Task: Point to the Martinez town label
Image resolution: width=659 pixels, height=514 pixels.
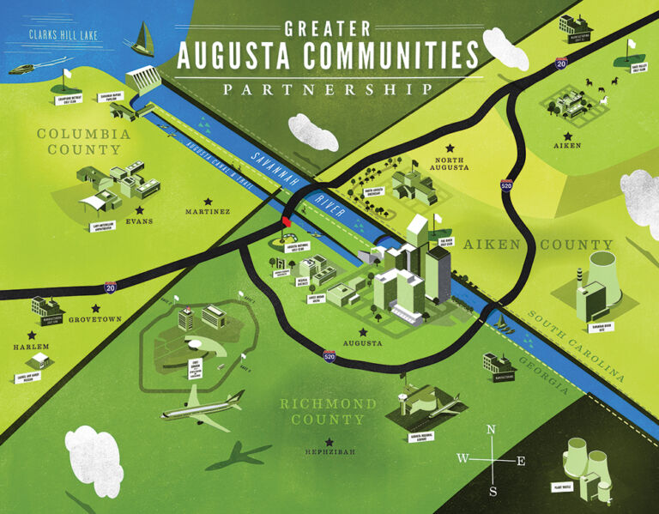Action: point(209,211)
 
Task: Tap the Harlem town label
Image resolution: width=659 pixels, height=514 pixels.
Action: point(31,347)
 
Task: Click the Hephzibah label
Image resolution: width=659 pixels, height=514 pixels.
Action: point(329,452)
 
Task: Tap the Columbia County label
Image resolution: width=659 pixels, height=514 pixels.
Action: point(83,142)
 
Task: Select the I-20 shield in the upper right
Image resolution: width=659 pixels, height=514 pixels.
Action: point(560,63)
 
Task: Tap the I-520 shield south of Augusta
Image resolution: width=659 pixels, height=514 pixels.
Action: point(329,354)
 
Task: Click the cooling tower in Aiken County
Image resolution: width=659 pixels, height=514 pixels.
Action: point(596,265)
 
